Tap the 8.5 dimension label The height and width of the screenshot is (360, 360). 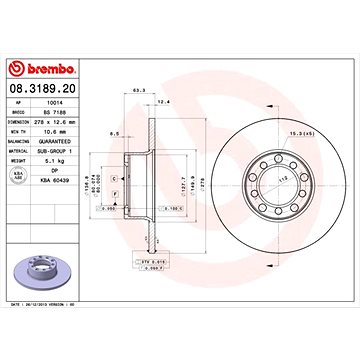[x=116, y=132]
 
